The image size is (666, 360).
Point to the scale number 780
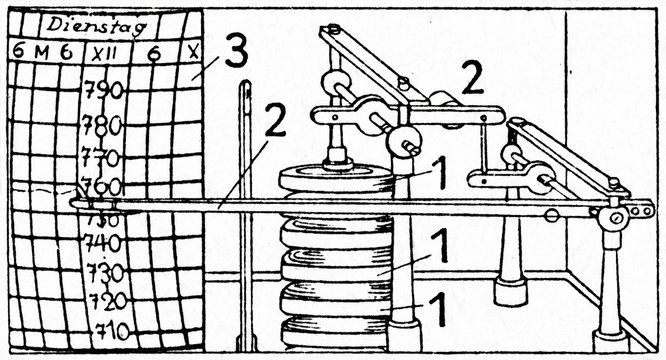point(103,126)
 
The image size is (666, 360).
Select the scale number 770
point(102,157)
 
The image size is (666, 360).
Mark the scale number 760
point(102,186)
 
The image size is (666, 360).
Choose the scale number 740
point(102,243)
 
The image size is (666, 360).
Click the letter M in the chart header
point(39,51)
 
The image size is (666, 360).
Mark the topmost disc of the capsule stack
point(336,179)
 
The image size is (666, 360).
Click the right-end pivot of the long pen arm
point(618,213)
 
